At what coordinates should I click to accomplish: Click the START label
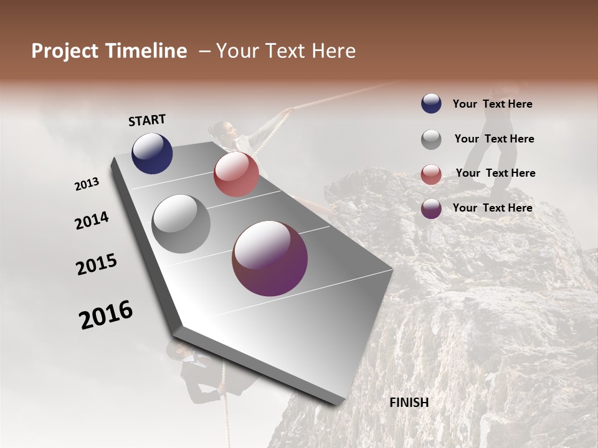pyautogui.click(x=147, y=120)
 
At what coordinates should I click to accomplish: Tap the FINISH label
pyautogui.click(x=409, y=403)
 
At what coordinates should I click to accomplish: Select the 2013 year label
pyautogui.click(x=87, y=184)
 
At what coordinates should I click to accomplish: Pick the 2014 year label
pyautogui.click(x=92, y=220)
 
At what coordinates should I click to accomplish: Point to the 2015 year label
pyautogui.click(x=97, y=264)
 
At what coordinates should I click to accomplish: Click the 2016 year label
pyautogui.click(x=106, y=314)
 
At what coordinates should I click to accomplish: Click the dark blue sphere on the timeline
pyautogui.click(x=152, y=154)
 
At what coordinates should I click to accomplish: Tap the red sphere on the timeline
pyautogui.click(x=236, y=174)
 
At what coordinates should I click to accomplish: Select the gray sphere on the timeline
pyautogui.click(x=181, y=224)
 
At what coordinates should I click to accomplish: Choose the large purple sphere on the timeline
pyautogui.click(x=270, y=258)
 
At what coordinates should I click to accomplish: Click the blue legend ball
pyautogui.click(x=431, y=104)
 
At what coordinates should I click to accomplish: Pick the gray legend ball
pyautogui.click(x=431, y=139)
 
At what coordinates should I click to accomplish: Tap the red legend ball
pyautogui.click(x=431, y=174)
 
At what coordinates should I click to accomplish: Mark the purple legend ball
pyautogui.click(x=431, y=208)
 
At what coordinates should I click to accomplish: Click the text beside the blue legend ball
pyautogui.click(x=492, y=104)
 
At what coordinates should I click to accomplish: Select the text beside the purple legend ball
pyautogui.click(x=492, y=208)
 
